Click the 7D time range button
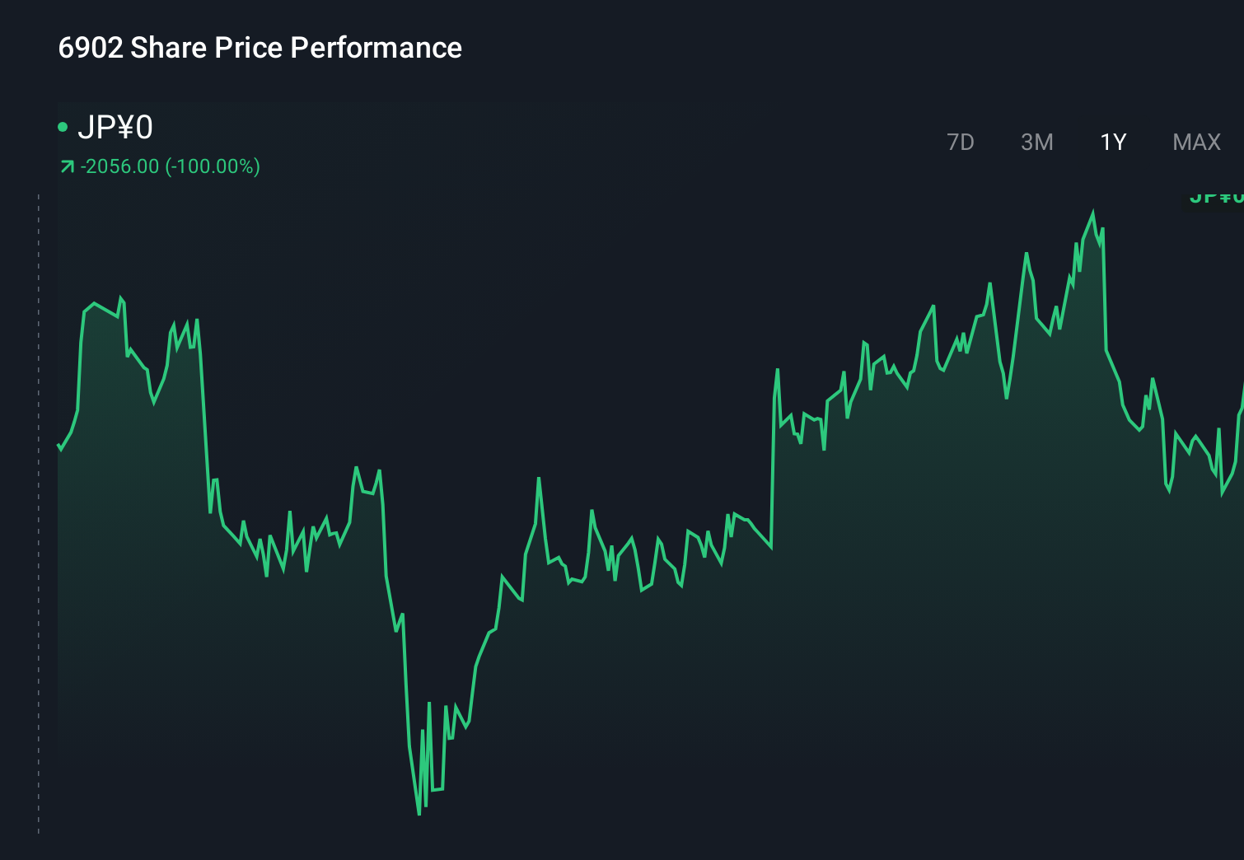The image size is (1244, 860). [x=960, y=143]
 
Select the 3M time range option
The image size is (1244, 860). [x=1036, y=143]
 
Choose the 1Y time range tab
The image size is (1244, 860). [x=1113, y=143]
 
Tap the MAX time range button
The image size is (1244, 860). [x=1196, y=143]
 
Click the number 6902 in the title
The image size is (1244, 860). [x=91, y=48]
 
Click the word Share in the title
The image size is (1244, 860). [x=169, y=48]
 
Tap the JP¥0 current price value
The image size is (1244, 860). [x=115, y=128]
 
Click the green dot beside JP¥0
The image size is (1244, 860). [x=63, y=127]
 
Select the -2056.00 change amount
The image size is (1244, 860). [x=119, y=166]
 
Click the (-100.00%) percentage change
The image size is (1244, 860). [x=213, y=166]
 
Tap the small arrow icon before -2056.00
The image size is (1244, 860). [x=67, y=167]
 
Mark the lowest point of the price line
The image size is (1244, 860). [x=419, y=814]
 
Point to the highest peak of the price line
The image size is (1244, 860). [x=1093, y=213]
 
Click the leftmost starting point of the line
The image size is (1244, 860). [x=58, y=446]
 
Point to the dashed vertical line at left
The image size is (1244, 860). [x=39, y=511]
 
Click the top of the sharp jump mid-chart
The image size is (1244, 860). [x=777, y=370]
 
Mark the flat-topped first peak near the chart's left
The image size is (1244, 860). [x=96, y=304]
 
